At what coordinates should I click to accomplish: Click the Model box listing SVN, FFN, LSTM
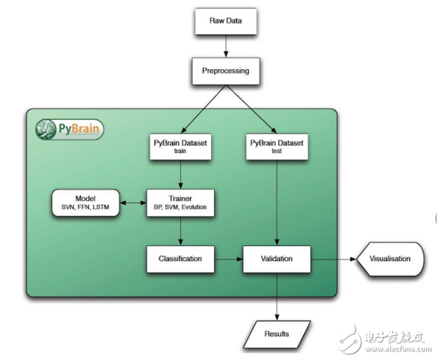[85, 202]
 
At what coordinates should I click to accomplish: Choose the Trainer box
[180, 202]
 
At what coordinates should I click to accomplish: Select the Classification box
[180, 259]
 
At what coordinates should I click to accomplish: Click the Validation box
[277, 259]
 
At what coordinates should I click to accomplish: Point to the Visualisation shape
[389, 259]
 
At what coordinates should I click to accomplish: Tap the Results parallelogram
[277, 334]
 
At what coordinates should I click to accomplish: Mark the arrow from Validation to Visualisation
[332, 259]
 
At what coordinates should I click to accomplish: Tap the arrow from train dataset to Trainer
[180, 175]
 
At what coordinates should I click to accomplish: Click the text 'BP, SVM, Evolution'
[180, 207]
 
